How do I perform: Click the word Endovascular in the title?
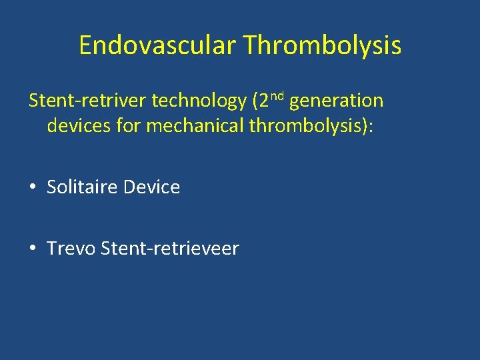(x=158, y=45)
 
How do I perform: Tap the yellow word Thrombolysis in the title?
(x=322, y=45)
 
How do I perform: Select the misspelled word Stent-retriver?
(x=87, y=101)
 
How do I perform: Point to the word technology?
(x=199, y=101)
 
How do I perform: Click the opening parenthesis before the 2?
(x=256, y=101)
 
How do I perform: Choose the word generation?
(x=336, y=101)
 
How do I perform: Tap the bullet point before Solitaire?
(x=33, y=187)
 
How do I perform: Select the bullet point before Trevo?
(x=33, y=249)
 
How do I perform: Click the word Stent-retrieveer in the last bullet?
(x=169, y=249)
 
